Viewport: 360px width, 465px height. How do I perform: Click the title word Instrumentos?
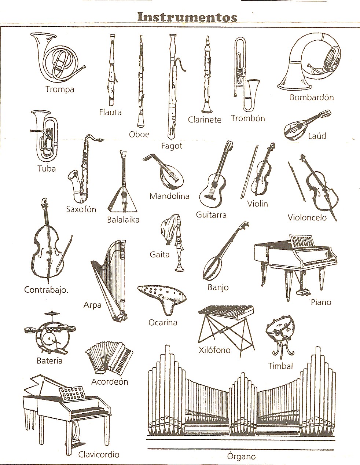click(187, 17)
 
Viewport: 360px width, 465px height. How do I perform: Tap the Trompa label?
click(60, 89)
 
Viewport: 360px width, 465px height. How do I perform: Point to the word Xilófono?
click(214, 350)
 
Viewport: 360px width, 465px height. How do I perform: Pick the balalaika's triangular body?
click(122, 199)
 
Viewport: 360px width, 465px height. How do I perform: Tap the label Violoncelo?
click(307, 217)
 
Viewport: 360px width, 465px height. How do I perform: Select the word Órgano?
click(241, 456)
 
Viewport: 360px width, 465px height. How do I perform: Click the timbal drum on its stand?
click(280, 332)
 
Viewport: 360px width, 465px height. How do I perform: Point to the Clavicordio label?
click(99, 454)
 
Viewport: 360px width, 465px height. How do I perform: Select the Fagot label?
click(172, 146)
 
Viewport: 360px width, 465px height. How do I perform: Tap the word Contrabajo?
click(46, 290)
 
